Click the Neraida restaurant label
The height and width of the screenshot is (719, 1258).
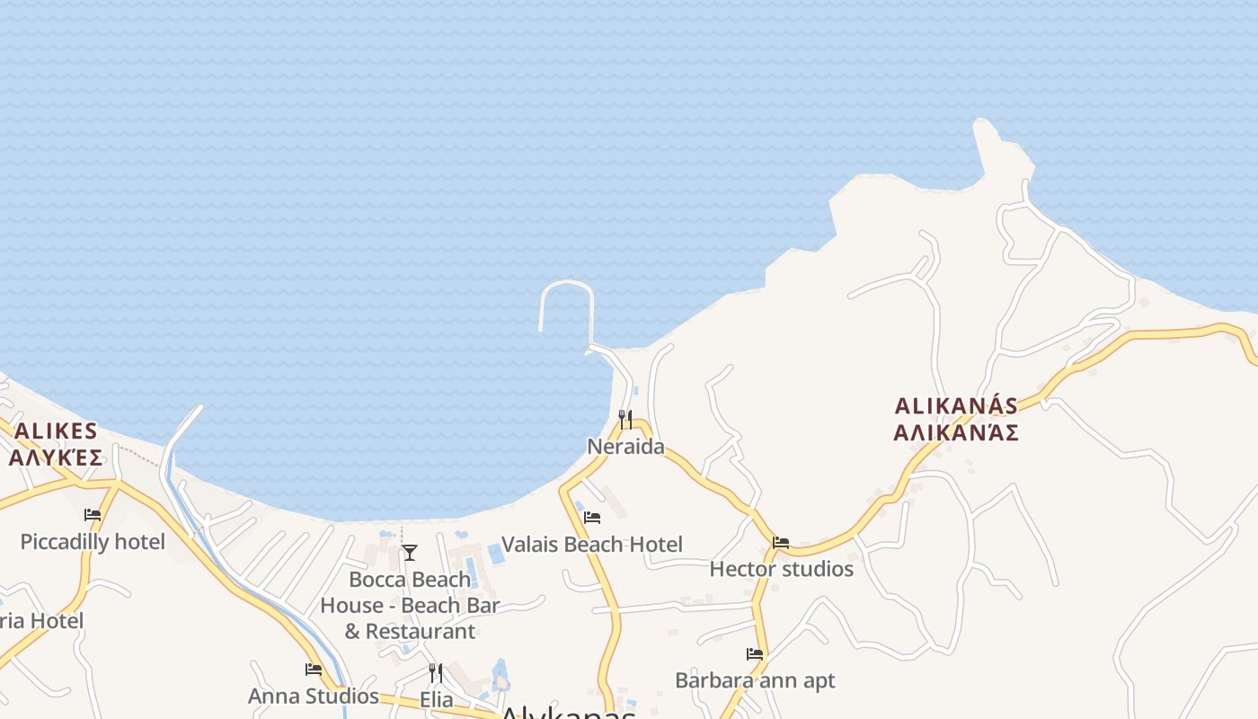point(625,447)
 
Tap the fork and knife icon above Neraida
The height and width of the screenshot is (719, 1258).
point(625,420)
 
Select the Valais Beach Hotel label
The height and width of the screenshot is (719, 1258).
point(591,545)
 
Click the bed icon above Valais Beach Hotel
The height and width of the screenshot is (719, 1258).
point(592,518)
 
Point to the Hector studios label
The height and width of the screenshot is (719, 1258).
point(781,569)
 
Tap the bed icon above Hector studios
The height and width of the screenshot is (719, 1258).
point(781,543)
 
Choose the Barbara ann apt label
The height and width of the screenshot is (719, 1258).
point(755,680)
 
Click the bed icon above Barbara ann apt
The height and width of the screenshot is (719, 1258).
point(755,654)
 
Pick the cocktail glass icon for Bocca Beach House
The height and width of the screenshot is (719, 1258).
point(410,552)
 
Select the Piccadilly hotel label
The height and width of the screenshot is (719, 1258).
point(93,542)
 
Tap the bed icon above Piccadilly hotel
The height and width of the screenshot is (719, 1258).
point(93,515)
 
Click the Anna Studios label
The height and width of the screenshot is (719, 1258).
point(314,696)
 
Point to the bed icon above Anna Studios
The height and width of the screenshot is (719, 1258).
point(314,670)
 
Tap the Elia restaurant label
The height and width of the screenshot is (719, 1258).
point(437,699)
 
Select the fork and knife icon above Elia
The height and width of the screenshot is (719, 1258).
point(436,672)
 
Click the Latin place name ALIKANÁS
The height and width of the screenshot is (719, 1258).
point(956,406)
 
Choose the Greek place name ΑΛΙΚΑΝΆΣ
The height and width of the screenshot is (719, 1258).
point(956,433)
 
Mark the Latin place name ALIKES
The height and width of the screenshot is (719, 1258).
point(56,431)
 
